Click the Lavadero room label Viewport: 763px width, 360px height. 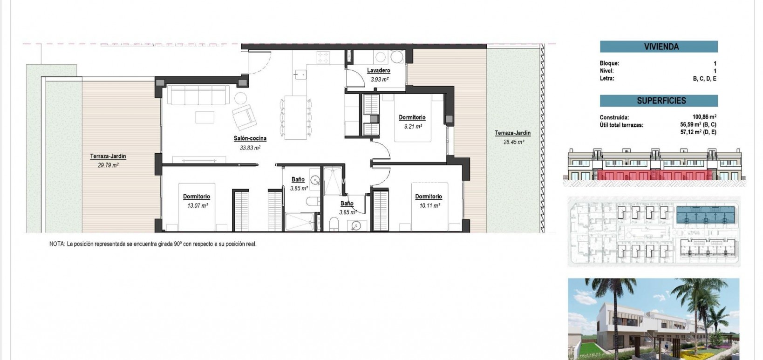378,70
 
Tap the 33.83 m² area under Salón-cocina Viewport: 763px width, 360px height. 250,148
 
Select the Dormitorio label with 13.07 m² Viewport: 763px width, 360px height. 197,197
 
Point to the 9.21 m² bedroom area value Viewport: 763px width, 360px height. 412,126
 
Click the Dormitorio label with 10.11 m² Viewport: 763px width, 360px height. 429,197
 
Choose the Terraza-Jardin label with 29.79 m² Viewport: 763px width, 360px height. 108,156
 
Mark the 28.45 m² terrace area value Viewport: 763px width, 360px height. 513,142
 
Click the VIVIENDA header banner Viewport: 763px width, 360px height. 659,47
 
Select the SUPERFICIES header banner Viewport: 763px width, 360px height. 659,101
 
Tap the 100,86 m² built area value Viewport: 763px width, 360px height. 704,117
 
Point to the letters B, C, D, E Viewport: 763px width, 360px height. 704,79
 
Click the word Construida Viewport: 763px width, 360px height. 614,117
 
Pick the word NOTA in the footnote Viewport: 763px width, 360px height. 57,244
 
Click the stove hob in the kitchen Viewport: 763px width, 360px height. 323,57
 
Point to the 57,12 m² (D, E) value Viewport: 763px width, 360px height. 698,132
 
